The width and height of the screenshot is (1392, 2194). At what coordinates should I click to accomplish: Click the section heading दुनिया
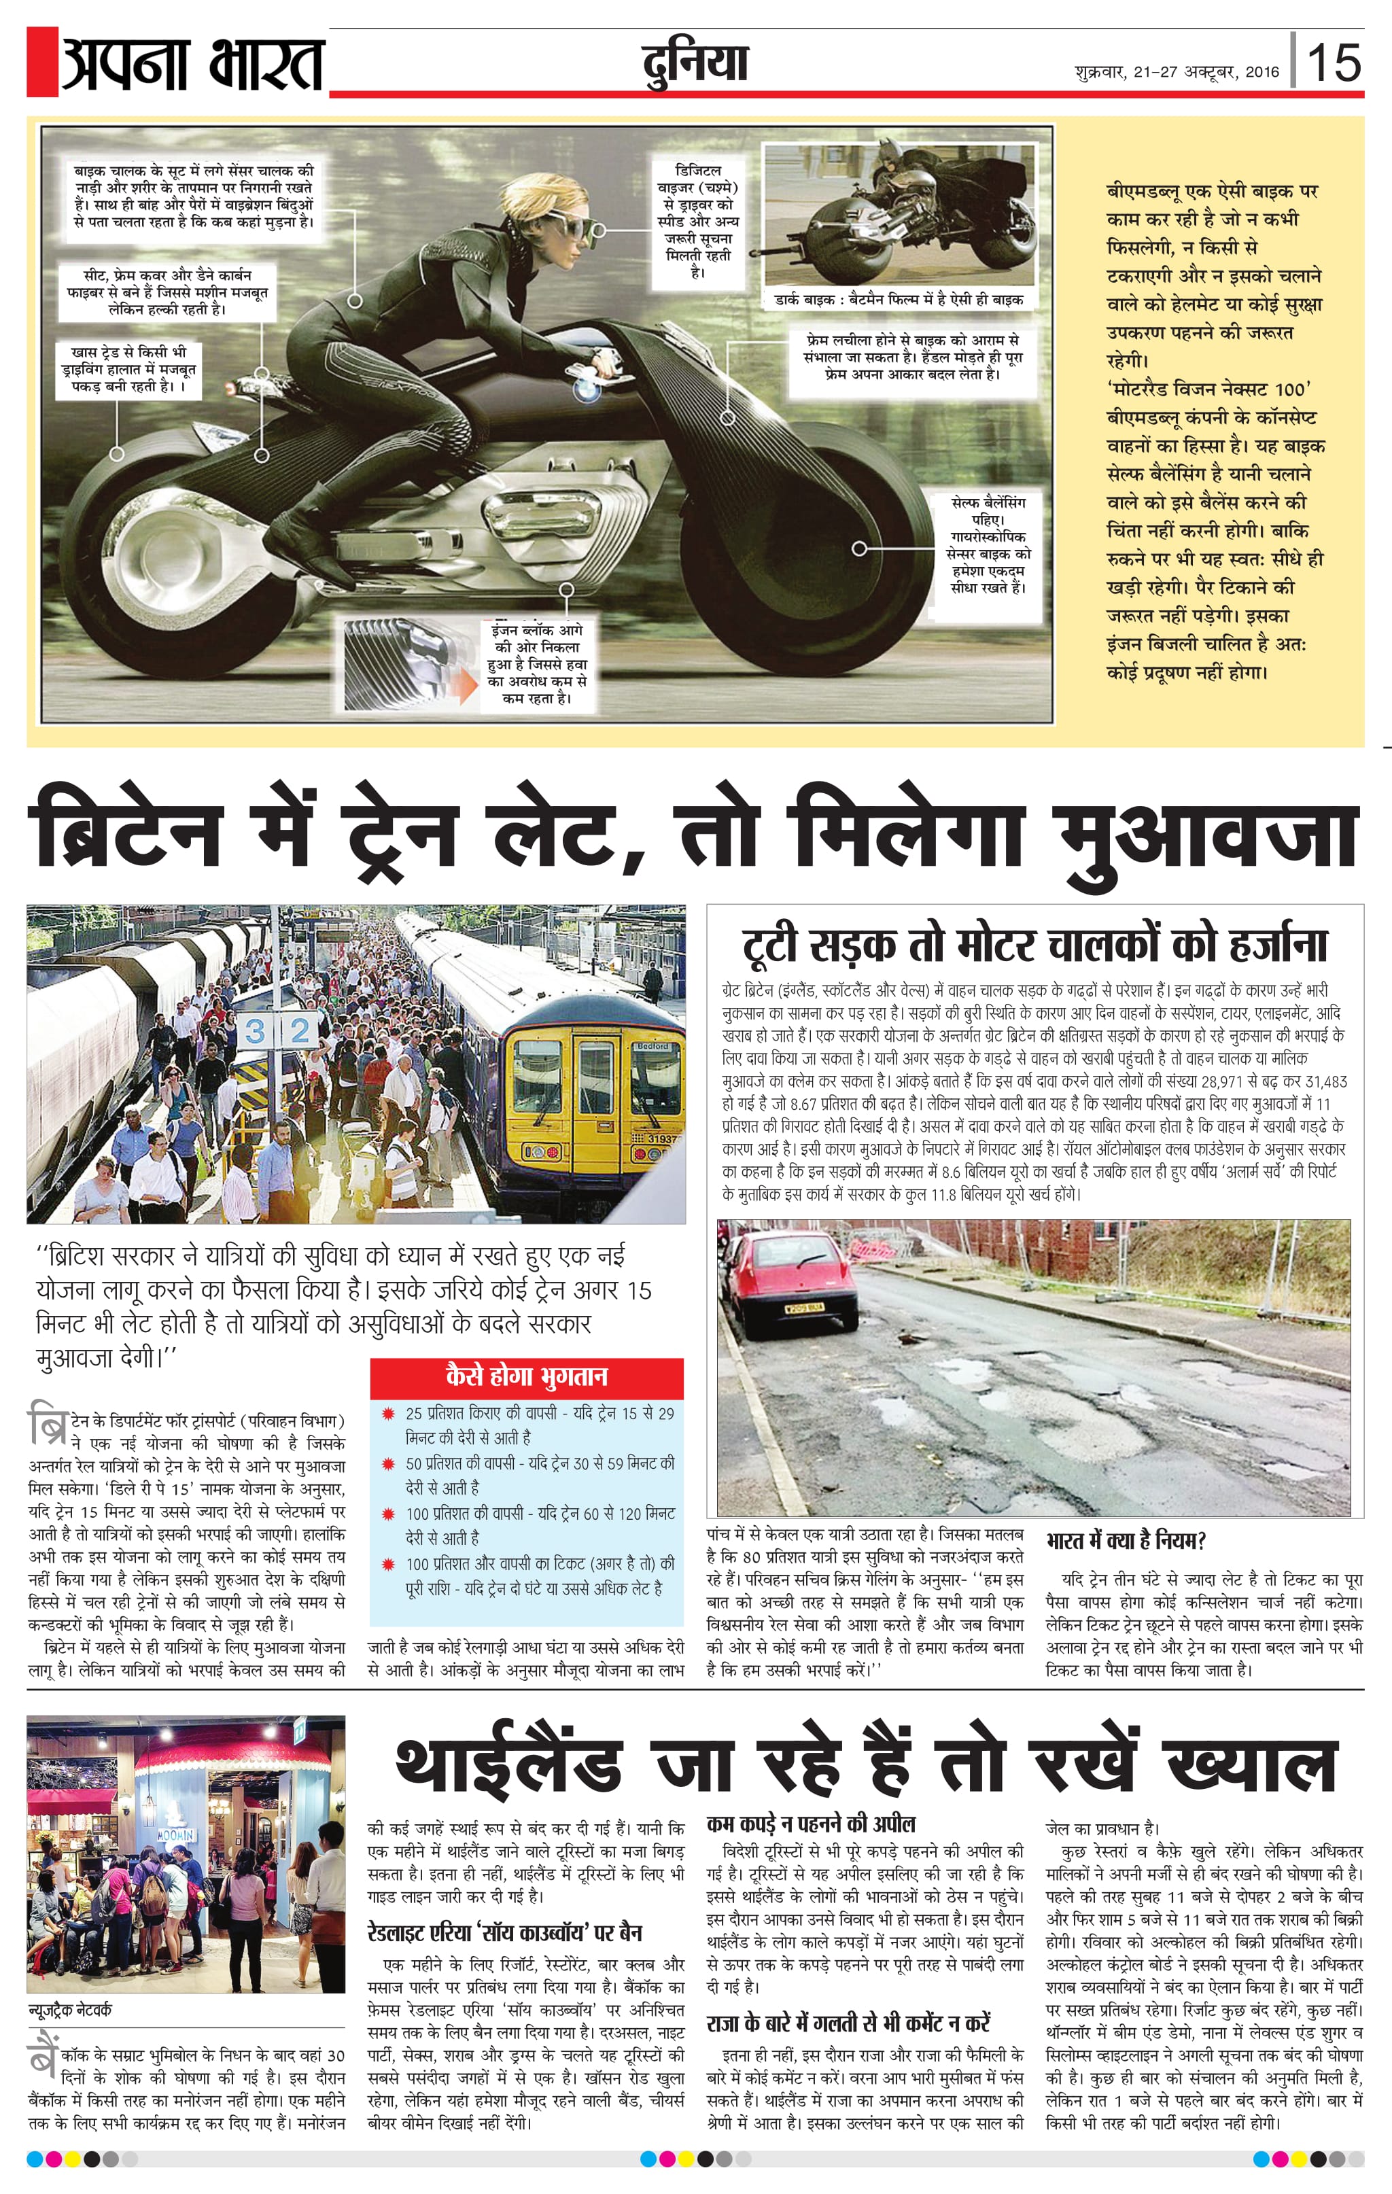click(694, 64)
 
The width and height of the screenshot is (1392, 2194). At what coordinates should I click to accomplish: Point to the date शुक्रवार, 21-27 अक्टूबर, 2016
click(1176, 72)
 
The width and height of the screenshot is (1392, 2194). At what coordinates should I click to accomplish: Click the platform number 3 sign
click(255, 1032)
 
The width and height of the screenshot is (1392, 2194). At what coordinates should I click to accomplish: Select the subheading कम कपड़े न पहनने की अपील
click(811, 1823)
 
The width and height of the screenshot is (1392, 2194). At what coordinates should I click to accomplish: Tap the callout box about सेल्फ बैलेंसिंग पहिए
click(990, 545)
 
